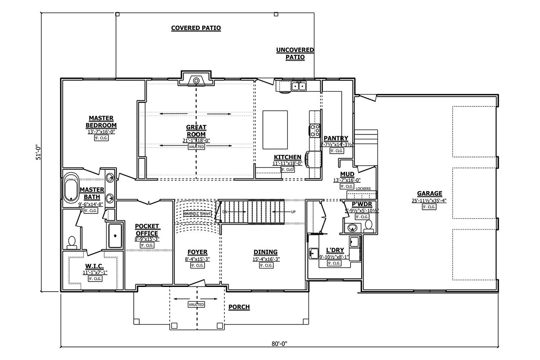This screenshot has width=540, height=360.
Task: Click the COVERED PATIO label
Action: coord(196,28)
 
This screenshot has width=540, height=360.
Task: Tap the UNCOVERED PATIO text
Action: coord(295,54)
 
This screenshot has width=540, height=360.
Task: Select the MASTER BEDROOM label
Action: coord(101,122)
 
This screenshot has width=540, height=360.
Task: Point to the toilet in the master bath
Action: coord(72,242)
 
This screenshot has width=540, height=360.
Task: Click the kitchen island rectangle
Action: coord(275,130)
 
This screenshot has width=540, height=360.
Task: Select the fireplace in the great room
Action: coord(196,80)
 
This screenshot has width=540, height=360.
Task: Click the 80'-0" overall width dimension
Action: coord(279,344)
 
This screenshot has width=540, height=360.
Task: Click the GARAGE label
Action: coord(430,194)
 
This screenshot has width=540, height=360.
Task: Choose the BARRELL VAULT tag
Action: coord(197,214)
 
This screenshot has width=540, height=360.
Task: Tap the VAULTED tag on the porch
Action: coord(196,304)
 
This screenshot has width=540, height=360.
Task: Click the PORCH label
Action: coord(239,307)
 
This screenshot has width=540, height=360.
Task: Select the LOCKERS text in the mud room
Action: coord(363,189)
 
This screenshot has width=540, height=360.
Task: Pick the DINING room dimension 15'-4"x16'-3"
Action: coord(266,259)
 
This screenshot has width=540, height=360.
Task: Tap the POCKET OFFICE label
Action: coord(147,230)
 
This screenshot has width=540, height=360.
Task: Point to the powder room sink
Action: coord(353,228)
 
